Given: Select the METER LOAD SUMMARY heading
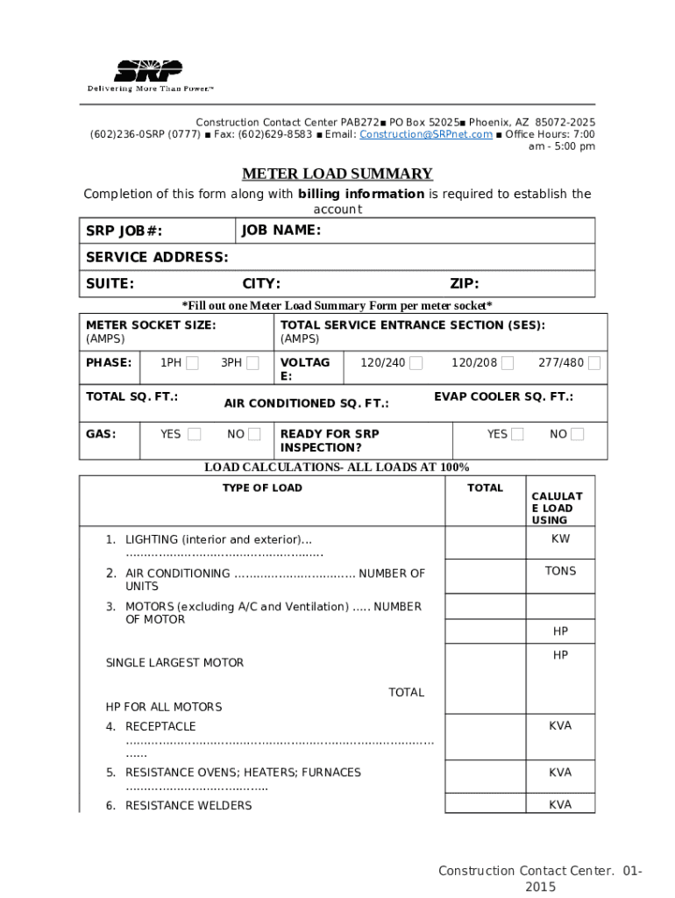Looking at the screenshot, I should click(x=337, y=174).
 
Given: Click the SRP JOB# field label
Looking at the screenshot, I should click(x=124, y=232).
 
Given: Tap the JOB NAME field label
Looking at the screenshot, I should click(x=281, y=231).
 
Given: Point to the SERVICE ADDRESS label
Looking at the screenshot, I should click(x=157, y=257).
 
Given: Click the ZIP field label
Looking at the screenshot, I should click(x=464, y=283).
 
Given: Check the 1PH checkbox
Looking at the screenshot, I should click(x=193, y=363).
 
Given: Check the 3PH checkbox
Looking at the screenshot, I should click(x=252, y=363).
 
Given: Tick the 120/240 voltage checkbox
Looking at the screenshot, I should click(x=416, y=363).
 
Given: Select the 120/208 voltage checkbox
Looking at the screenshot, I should click(x=508, y=363).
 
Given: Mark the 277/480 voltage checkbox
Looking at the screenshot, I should click(x=594, y=363).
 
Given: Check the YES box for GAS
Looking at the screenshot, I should click(x=195, y=434).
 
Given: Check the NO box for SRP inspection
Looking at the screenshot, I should click(x=577, y=434).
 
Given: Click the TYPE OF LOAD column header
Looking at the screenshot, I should click(x=262, y=488).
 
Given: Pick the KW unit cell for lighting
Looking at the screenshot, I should click(x=560, y=538).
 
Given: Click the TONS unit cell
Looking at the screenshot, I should click(x=560, y=571).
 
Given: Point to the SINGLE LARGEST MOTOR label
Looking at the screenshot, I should click(x=174, y=663).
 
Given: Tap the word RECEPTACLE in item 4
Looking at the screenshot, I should click(x=160, y=726).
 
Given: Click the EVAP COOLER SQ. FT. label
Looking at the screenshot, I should click(x=503, y=396).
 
